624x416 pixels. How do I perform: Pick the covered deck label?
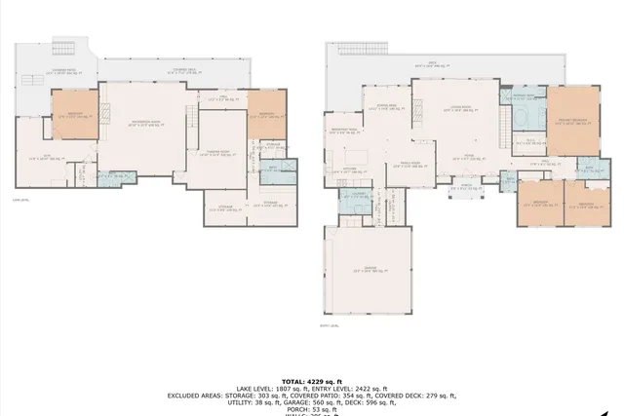pyautogui.click(x=187, y=70)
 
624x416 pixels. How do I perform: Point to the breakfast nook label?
pyautogui.click(x=342, y=131)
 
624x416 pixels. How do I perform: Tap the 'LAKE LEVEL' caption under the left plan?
pyautogui.click(x=20, y=200)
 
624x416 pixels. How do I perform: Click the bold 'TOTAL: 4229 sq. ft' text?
pyautogui.click(x=311, y=380)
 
